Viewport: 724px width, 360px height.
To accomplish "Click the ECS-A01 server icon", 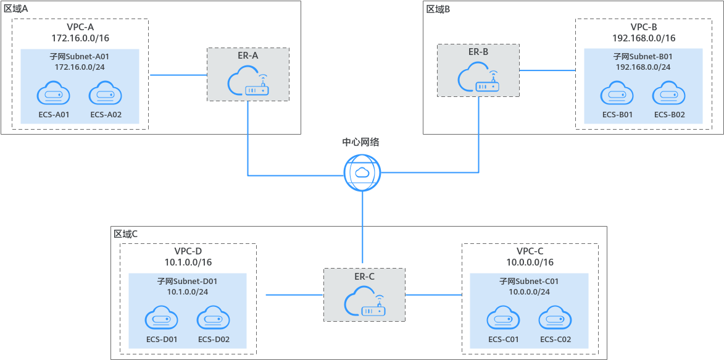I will click(53, 94).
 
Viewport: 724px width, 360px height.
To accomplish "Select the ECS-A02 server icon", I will click(105, 94).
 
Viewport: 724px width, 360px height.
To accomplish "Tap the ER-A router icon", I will click(248, 83).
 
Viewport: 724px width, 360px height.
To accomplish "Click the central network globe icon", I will click(362, 172).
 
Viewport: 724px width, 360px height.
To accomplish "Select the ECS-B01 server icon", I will click(617, 94).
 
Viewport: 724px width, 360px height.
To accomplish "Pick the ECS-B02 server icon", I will click(669, 94).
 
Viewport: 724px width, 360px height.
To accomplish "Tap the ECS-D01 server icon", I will click(162, 318).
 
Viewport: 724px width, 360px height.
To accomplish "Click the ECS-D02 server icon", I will click(214, 318).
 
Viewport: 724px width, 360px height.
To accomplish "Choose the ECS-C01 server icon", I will click(504, 318).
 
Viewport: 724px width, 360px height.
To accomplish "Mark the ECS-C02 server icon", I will click(555, 318).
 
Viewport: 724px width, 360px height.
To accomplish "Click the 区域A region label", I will click(16, 9).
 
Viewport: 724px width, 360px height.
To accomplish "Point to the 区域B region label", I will click(439, 9).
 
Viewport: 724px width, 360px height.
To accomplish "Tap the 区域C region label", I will click(125, 234).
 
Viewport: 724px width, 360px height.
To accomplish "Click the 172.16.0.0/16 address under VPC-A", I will click(80, 38).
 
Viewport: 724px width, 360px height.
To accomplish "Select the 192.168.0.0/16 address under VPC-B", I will click(644, 38).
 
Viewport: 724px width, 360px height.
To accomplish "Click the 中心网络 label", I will click(361, 142).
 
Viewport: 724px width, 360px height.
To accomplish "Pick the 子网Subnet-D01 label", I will click(187, 281).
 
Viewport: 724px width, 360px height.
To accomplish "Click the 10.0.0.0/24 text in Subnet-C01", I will click(529, 291).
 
